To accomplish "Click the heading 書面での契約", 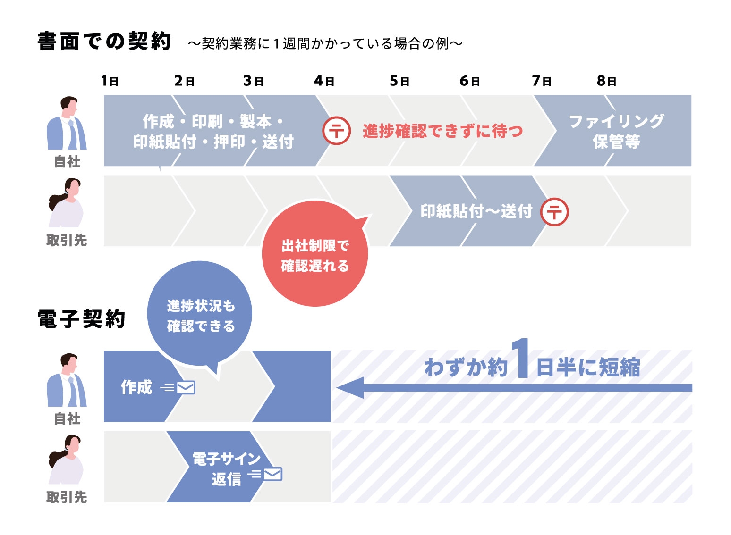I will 104,42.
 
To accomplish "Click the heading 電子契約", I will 81,319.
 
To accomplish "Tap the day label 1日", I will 110,81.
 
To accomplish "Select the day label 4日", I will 324,81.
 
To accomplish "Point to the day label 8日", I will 607,81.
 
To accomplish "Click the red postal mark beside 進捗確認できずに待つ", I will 337,131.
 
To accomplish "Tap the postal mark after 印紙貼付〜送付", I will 554,212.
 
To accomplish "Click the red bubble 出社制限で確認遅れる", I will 314,255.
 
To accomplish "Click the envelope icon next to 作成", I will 186,388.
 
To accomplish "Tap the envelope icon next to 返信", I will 273,474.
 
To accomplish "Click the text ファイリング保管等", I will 616,131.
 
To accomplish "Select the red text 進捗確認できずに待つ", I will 442,131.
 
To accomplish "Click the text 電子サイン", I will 226,459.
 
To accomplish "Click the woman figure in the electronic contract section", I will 66,460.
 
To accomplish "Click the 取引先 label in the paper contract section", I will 67,241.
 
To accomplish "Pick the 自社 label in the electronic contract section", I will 67,418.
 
